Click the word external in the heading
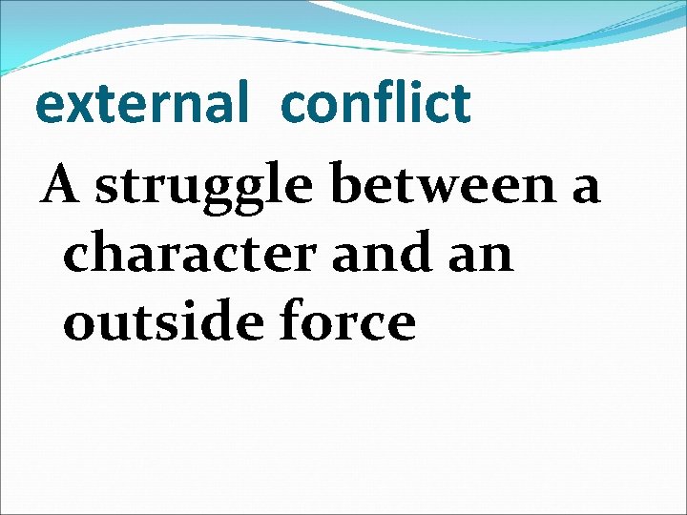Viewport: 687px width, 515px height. tap(139, 105)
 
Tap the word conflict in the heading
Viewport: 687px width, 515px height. tap(376, 103)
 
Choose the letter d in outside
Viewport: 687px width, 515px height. tap(225, 320)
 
